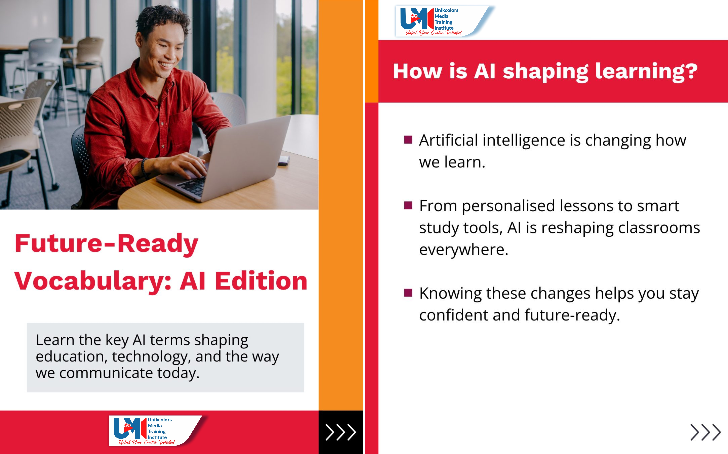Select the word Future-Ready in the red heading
pyautogui.click(x=107, y=243)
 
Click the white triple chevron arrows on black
pyautogui.click(x=341, y=432)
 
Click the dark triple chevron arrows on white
pyautogui.click(x=705, y=432)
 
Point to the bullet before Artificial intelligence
pyautogui.click(x=408, y=140)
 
